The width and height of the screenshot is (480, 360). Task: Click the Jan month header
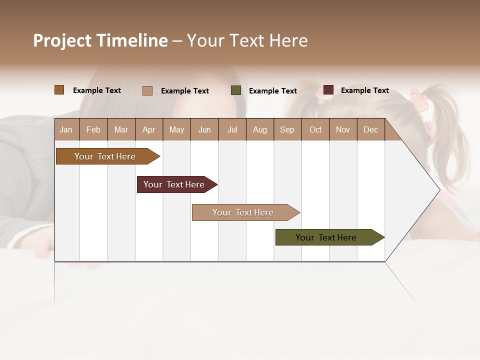66,129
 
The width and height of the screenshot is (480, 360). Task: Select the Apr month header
149,129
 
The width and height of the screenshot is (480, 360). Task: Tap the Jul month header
232,129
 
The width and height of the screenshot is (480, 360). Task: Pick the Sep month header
287,129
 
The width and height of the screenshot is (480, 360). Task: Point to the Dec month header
370,129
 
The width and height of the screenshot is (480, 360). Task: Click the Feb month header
93,129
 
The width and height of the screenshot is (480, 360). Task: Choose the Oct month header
315,129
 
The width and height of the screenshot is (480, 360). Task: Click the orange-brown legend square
59,90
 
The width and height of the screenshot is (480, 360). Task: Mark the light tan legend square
147,90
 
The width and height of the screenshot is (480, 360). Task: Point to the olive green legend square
236,90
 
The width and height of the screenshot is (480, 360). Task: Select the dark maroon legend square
328,90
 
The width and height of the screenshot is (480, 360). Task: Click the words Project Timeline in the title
100,40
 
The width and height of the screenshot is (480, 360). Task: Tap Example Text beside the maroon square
364,90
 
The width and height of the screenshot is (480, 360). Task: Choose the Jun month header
204,129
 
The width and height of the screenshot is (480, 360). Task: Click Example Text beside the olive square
272,91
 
